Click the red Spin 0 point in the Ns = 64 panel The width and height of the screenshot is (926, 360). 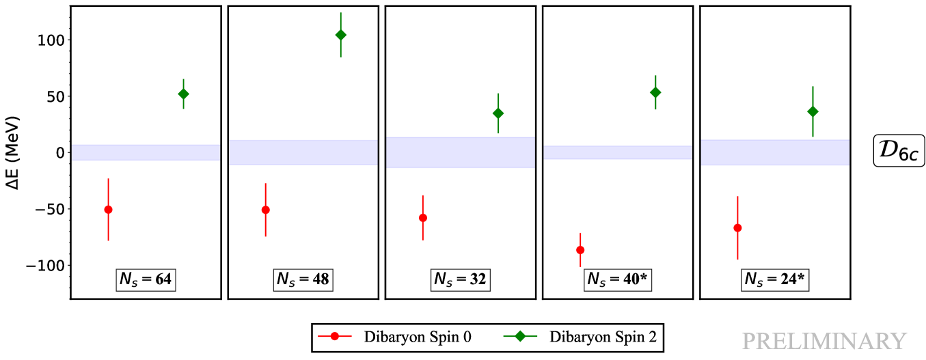108,210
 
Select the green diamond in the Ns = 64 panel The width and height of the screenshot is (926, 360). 183,94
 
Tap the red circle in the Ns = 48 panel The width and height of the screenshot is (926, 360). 266,210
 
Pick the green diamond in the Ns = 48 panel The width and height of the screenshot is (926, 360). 341,35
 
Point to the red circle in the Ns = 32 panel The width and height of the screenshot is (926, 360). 423,218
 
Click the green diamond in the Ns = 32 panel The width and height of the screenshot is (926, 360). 498,113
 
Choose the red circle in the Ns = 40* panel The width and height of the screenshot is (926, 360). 580,250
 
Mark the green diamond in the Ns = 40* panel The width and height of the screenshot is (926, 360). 655,93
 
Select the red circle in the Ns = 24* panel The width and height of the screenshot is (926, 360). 737,228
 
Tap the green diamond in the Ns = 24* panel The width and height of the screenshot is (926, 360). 813,111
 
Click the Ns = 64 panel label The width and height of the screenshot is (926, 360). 146,279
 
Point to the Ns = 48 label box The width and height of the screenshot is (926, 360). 303,279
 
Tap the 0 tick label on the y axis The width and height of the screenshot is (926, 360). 60,153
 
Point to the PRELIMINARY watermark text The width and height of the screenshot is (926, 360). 823,341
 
